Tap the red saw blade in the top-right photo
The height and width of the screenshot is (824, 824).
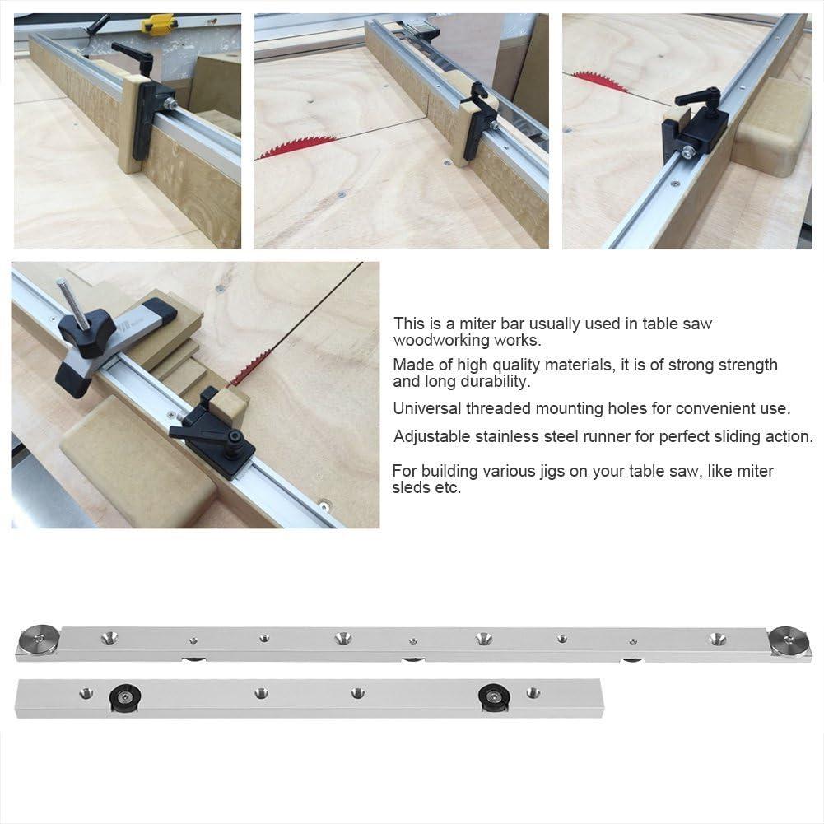click(598, 81)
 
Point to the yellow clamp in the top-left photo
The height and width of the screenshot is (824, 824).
click(158, 25)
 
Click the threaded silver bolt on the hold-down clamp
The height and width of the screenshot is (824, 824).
click(69, 300)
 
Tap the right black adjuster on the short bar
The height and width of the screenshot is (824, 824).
click(493, 697)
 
